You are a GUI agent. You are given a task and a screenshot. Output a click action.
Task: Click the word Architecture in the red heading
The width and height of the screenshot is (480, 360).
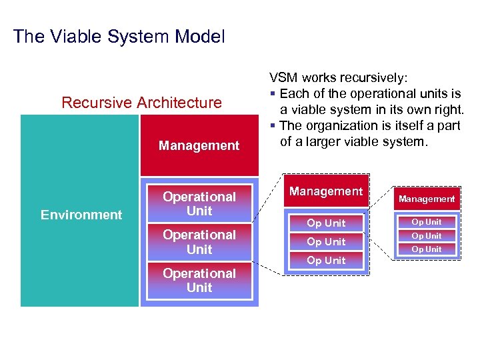pyautogui.click(x=179, y=103)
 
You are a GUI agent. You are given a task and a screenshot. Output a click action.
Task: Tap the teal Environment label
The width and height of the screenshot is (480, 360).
pyautogui.click(x=81, y=215)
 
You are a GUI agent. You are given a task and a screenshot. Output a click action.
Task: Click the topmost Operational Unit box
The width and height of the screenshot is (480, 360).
pyautogui.click(x=199, y=203)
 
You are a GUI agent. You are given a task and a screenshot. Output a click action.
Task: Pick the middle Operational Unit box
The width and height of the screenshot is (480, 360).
pyautogui.click(x=199, y=242)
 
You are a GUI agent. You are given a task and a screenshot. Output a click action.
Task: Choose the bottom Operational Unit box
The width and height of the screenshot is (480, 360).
pyautogui.click(x=199, y=280)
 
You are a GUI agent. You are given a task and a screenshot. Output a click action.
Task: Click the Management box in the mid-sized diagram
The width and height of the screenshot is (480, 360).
pyautogui.click(x=326, y=192)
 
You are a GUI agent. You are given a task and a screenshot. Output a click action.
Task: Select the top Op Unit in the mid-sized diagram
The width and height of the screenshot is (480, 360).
pyautogui.click(x=326, y=223)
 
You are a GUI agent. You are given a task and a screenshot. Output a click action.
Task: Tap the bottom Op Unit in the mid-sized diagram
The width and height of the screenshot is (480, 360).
pyautogui.click(x=326, y=260)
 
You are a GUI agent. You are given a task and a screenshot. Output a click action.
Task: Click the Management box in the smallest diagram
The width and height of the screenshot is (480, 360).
pyautogui.click(x=427, y=199)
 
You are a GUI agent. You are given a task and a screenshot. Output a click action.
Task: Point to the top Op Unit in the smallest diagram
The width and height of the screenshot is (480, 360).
pyautogui.click(x=427, y=222)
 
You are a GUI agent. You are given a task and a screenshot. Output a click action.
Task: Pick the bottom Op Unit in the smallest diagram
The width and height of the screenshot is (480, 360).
pyautogui.click(x=427, y=249)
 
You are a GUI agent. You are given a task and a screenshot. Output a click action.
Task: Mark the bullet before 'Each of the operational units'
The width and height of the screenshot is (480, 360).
pyautogui.click(x=273, y=94)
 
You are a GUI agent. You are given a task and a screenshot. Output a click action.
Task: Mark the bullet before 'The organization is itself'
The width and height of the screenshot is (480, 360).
pyautogui.click(x=273, y=126)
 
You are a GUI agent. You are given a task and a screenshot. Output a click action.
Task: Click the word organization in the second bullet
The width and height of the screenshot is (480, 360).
pyautogui.click(x=337, y=126)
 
